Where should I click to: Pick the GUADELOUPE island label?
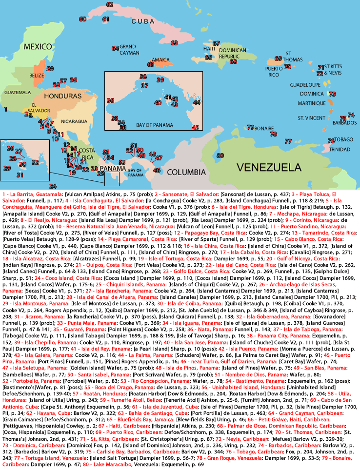[x=305, y=84]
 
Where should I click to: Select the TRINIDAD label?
[x=340, y=149]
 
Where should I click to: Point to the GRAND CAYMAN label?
[x=128, y=49]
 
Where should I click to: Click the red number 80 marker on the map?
[x=220, y=156]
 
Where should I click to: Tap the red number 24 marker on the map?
[x=53, y=186]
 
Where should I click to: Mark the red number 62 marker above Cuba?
[x=110, y=4]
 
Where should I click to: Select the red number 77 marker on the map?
[x=288, y=141]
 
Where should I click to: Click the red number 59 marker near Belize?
[x=50, y=69]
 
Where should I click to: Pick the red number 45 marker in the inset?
[x=195, y=128]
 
